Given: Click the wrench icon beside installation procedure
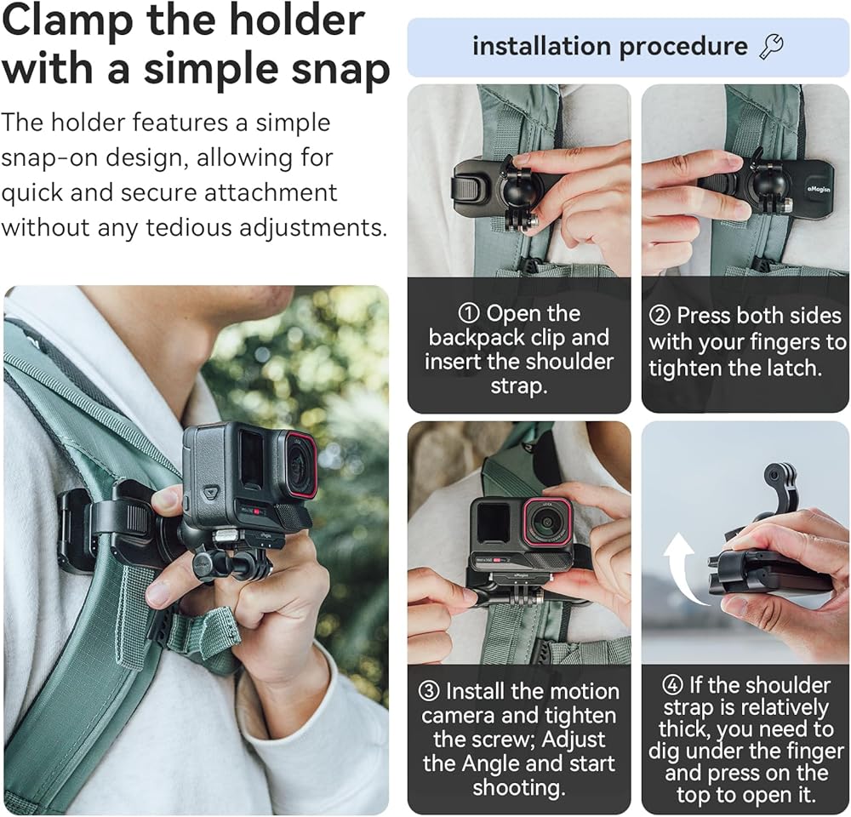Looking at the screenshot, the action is tap(771, 47).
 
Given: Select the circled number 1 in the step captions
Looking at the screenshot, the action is tap(469, 313).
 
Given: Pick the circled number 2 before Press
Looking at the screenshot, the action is tap(660, 316).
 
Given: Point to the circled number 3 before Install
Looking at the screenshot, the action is tap(429, 692).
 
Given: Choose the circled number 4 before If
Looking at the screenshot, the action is tap(673, 685).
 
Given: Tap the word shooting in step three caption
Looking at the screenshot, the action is tap(519, 788).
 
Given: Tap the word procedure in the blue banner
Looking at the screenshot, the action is tap(683, 47).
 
